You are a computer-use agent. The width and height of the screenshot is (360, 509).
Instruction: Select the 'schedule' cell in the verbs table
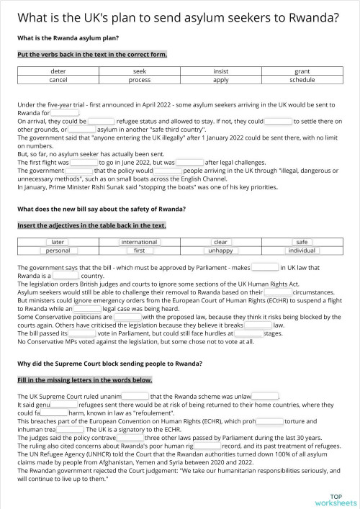(x=302, y=80)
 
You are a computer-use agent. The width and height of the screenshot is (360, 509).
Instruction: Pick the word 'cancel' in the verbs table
(x=58, y=80)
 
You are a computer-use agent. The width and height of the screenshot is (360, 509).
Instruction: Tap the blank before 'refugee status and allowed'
(x=101, y=122)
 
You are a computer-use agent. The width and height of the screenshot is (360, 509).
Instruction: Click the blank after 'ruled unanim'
(x=135, y=396)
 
